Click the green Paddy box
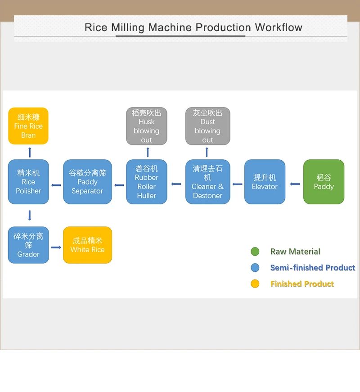(324, 182)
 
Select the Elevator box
(265, 182)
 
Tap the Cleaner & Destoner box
(207, 182)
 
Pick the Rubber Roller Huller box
(146, 182)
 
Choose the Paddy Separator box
(87, 182)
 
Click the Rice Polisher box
(28, 182)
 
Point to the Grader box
(28, 245)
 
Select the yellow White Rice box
(87, 245)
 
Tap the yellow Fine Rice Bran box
(28, 126)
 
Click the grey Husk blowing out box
(146, 126)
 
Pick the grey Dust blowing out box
(207, 126)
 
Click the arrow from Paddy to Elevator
(295, 184)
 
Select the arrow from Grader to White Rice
(56, 247)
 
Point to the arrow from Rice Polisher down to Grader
(30, 215)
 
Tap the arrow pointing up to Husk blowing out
(148, 152)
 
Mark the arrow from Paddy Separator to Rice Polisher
(56, 185)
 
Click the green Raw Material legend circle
(255, 252)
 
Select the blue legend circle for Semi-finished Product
(255, 268)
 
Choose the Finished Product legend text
(302, 284)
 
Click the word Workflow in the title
(279, 27)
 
